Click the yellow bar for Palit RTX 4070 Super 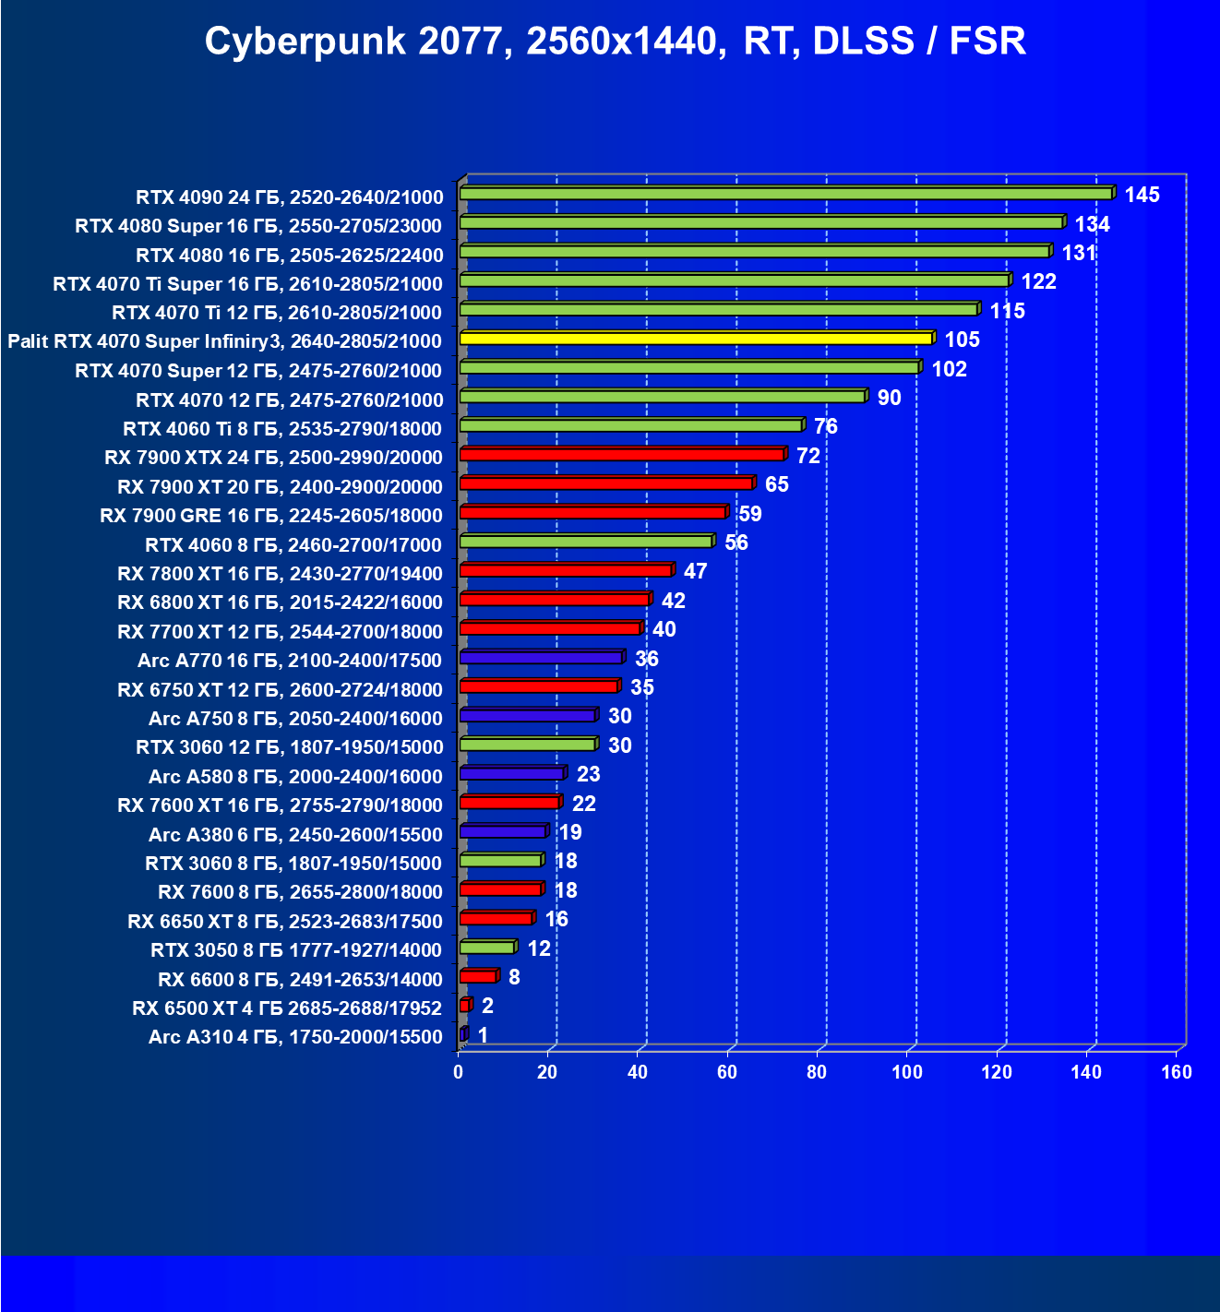point(697,339)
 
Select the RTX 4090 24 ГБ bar point(786,194)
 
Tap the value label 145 point(1142,195)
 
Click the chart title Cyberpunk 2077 point(615,42)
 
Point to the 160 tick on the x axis point(1177,1072)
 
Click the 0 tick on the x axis point(459,1072)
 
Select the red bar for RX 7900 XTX point(622,455)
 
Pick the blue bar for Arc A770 point(542,658)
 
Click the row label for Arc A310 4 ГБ point(295,1037)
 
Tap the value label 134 point(1092,224)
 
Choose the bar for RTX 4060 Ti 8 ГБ point(631,425)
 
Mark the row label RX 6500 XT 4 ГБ point(287,1008)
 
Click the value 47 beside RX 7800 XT point(695,571)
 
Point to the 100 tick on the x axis point(907,1072)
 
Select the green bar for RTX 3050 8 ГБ point(487,948)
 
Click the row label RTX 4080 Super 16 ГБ point(258,226)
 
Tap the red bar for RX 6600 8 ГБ point(478,976)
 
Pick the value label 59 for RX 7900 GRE point(749,514)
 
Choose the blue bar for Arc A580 point(511,773)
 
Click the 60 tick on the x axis point(727,1072)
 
